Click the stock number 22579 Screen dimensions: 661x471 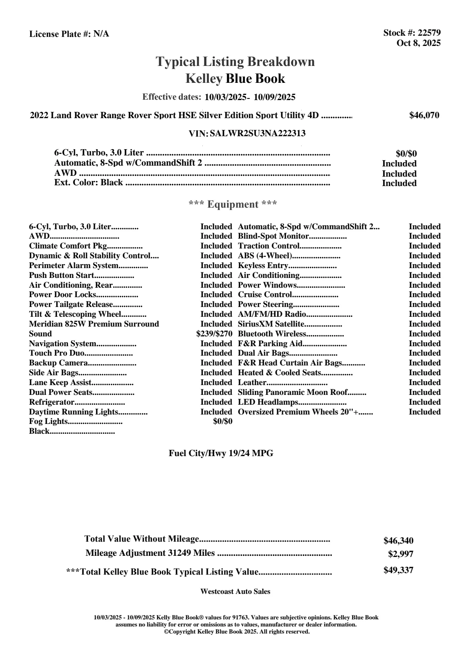429,33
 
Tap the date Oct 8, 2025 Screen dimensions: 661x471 418,43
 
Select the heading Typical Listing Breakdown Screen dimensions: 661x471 235,62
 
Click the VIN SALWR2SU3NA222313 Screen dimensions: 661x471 258,133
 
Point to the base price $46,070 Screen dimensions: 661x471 424,115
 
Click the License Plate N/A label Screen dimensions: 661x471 69,34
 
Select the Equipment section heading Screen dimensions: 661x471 233,204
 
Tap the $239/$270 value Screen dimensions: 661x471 214,334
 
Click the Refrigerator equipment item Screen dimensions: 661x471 52,402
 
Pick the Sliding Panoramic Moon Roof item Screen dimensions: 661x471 293,392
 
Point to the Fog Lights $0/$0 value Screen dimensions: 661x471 222,422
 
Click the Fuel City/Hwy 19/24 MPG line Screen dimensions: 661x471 221,453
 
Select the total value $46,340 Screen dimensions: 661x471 398,540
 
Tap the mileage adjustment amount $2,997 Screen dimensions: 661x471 400,554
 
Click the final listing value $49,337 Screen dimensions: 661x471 398,570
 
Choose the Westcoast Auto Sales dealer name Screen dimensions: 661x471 235,591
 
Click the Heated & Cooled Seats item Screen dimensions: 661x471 280,372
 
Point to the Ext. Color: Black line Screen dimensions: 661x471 89,183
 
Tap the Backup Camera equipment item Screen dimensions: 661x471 58,363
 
